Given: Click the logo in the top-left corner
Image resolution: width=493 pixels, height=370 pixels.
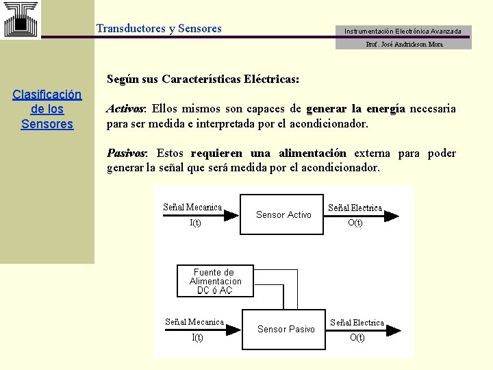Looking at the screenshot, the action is (21, 19).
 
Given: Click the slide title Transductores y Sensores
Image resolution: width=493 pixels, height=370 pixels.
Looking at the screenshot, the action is (159, 29).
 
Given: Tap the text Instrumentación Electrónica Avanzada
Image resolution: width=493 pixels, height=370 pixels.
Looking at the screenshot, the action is (403, 32).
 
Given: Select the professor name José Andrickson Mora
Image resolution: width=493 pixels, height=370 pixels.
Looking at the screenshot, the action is (404, 44).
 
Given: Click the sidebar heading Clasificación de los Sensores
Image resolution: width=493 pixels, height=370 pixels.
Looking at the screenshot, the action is (47, 109).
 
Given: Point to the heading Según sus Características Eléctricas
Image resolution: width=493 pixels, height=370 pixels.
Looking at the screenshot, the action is (203, 79).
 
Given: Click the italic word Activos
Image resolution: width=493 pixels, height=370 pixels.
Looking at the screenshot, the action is (125, 109).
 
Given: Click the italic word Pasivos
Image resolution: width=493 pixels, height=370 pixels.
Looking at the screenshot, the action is (127, 153).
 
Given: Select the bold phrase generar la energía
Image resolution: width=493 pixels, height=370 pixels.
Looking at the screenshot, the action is (355, 109).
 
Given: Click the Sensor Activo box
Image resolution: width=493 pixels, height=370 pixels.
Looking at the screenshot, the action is (283, 214).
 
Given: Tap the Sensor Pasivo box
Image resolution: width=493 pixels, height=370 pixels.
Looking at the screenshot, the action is (286, 329).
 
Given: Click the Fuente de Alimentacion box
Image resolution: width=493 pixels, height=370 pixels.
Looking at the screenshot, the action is (215, 281).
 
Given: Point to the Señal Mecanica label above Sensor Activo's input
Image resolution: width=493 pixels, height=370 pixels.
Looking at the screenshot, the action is (192, 207).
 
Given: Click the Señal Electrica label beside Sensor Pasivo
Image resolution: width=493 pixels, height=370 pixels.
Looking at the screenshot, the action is (357, 322).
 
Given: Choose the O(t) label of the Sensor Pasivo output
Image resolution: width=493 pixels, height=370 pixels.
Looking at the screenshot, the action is (357, 338).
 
